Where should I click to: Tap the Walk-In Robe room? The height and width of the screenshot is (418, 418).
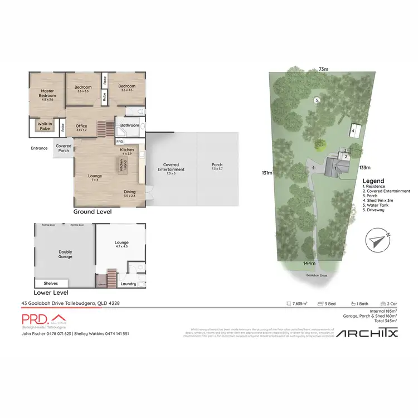tap(45, 125)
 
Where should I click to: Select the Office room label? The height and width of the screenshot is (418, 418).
tap(81, 128)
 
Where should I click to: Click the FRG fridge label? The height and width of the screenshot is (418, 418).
tap(120, 142)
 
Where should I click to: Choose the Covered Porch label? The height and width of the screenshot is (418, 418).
tap(64, 148)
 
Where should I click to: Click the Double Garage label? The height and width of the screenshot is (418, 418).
tap(65, 254)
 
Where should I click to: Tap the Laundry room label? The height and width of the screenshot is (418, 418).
tap(128, 284)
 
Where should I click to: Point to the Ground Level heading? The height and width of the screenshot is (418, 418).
tap(93, 212)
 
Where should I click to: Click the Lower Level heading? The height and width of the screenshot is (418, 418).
tap(51, 292)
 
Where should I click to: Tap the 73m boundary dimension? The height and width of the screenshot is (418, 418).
tap(323, 69)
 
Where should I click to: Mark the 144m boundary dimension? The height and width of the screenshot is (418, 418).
tap(310, 263)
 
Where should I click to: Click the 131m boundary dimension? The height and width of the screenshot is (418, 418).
tap(267, 173)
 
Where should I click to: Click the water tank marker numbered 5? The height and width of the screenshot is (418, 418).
tap(316, 100)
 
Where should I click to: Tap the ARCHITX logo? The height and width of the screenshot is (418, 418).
tap(366, 333)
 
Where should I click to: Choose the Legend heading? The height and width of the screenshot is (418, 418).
tap(373, 181)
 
